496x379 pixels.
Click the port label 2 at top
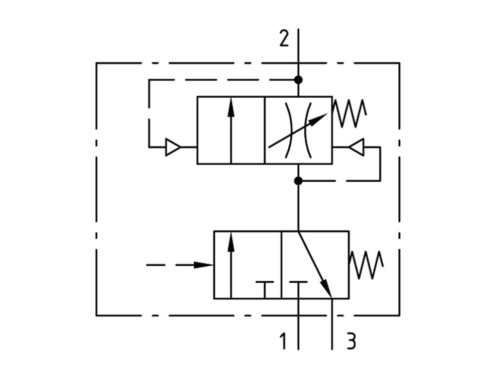(283, 38)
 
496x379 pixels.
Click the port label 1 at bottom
(283, 341)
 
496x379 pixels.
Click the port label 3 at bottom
(351, 341)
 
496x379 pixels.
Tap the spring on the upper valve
(349, 114)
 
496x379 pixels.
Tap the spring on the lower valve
(366, 265)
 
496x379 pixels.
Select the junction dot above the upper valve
(298, 79)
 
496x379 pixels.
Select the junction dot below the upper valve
(298, 181)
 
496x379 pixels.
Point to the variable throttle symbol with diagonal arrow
(298, 130)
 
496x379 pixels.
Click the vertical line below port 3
(333, 326)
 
